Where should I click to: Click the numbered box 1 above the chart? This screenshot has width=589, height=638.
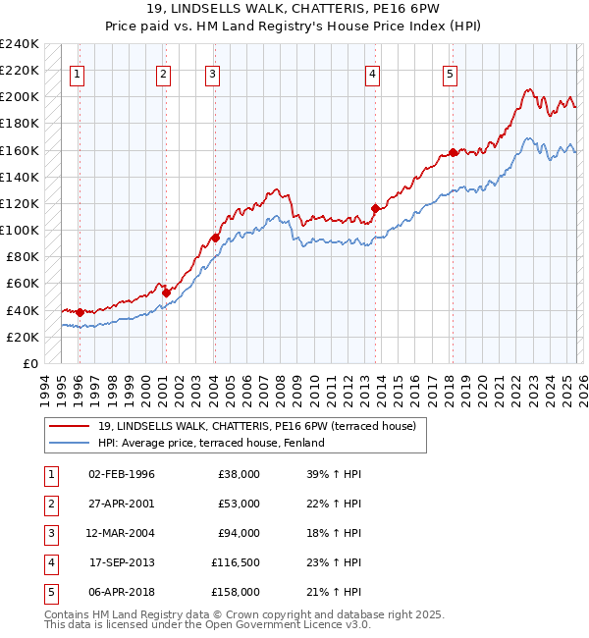[x=78, y=73]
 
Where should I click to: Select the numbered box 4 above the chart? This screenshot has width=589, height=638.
[x=373, y=73]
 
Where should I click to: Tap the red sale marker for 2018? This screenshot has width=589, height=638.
[x=453, y=152]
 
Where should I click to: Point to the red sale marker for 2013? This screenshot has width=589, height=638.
[x=375, y=208]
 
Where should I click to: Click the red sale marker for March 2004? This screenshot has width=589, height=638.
[x=215, y=238]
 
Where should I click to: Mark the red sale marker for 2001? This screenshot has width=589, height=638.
[x=166, y=292]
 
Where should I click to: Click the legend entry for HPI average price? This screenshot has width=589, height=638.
[x=211, y=443]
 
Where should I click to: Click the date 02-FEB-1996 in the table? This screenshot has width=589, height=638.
[x=122, y=474]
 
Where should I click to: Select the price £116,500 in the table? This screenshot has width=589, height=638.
[x=236, y=562]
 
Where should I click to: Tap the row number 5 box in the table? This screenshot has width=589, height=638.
[x=49, y=592]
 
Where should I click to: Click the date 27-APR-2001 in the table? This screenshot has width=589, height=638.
[x=122, y=504]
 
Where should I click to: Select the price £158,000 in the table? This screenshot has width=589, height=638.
[x=236, y=592]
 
